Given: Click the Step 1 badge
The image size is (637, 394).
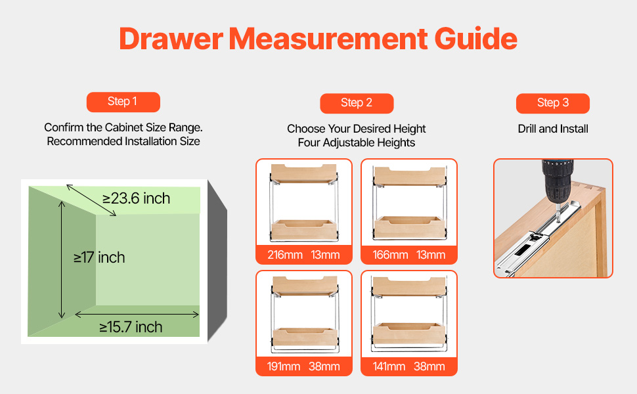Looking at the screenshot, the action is (123, 102).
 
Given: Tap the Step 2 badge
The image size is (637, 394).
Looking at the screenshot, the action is (357, 103).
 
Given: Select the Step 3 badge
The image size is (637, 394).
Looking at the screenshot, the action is (552, 103).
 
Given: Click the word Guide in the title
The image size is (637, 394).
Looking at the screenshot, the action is (475, 39).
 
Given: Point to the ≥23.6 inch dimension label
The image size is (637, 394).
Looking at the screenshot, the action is (136, 198).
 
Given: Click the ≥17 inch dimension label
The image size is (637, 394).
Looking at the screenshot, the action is (99, 257).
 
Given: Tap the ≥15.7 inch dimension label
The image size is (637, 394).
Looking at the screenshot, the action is (131, 327).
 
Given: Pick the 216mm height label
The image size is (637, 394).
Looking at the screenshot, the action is (285, 255).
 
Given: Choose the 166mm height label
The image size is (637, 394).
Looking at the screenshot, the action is (390, 255).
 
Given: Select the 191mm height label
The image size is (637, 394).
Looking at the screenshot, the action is (284, 366).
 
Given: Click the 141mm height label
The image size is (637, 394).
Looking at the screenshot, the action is (389, 366).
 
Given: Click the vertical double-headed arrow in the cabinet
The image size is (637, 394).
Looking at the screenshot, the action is (62, 259).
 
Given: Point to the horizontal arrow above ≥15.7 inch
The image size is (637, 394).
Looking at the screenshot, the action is (137, 315).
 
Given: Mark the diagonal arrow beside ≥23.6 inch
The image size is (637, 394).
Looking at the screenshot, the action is (91, 200).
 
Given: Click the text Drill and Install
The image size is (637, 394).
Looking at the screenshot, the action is (553, 129).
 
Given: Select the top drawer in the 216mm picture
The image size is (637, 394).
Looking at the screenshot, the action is (304, 173).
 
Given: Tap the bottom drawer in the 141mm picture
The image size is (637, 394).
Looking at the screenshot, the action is (408, 334).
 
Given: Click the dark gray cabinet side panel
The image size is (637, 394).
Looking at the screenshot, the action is (217, 261).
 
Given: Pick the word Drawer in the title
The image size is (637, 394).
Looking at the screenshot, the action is (171, 39).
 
